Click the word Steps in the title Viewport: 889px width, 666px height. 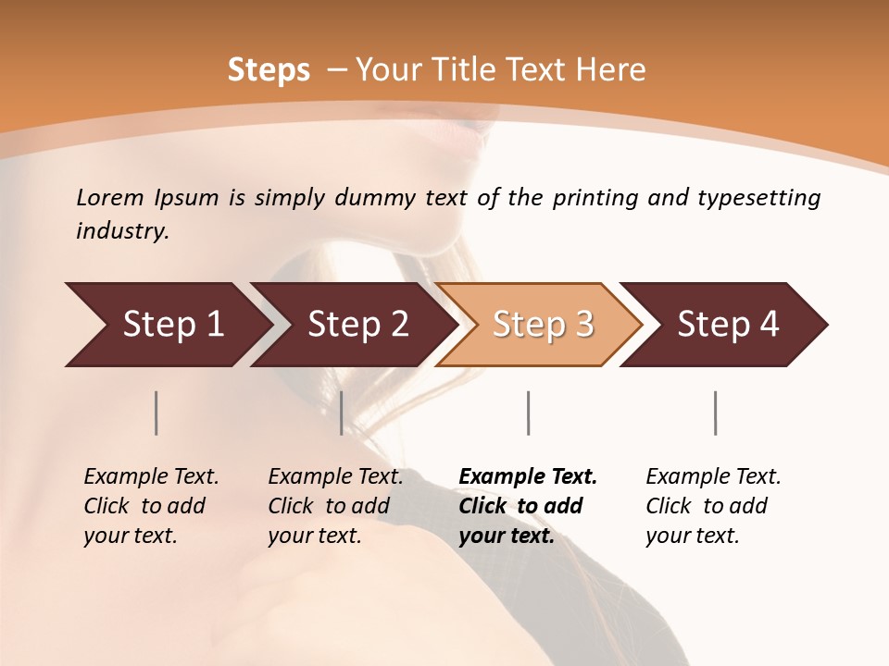tap(269, 70)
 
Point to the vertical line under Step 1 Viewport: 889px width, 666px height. tap(157, 413)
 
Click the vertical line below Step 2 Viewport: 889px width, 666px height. tap(342, 413)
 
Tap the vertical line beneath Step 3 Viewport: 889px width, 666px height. tap(528, 413)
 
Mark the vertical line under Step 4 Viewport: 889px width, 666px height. tap(715, 413)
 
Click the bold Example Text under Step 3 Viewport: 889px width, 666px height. tap(528, 477)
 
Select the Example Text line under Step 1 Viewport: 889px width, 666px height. tap(151, 477)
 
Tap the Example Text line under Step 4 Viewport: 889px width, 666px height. tap(713, 477)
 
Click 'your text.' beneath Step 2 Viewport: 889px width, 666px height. tap(314, 536)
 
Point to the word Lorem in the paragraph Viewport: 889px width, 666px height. tap(110, 198)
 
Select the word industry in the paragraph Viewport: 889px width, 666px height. tap(121, 231)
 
